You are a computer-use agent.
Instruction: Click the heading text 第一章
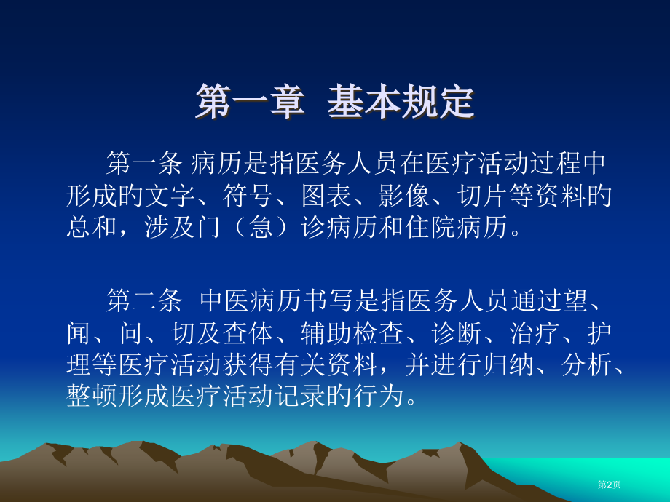tap(248, 103)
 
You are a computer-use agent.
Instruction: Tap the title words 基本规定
tap(401, 103)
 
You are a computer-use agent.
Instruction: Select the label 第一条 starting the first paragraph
tap(143, 162)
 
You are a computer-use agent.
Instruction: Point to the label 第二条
tap(143, 299)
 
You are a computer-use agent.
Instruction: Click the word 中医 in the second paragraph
tap(218, 299)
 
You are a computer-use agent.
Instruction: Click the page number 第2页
tap(609, 485)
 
